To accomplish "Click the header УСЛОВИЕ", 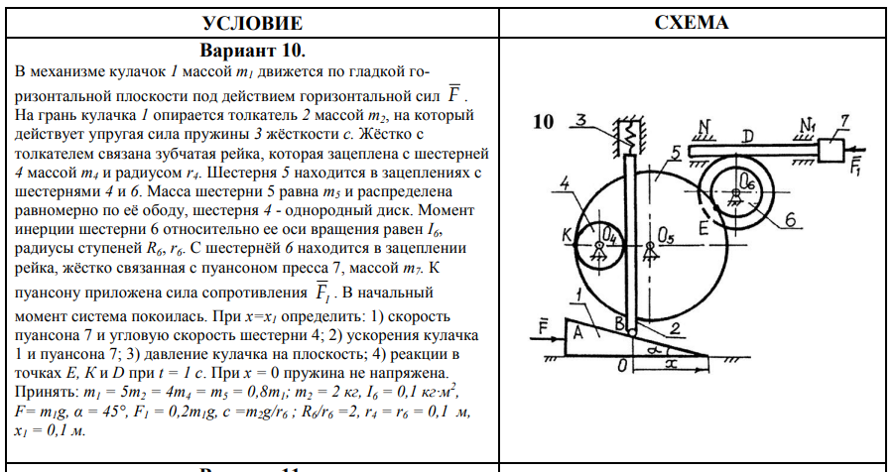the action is pyautogui.click(x=252, y=23).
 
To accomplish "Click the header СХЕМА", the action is pyautogui.click(x=692, y=22).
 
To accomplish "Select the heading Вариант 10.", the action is pyautogui.click(x=253, y=51).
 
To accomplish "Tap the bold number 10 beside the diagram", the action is pyautogui.click(x=544, y=122).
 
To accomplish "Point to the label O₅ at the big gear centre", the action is pyautogui.click(x=666, y=235).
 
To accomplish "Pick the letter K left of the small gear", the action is pyautogui.click(x=567, y=234).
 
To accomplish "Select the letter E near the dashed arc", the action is pyautogui.click(x=704, y=228).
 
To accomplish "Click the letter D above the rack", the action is pyautogui.click(x=747, y=136).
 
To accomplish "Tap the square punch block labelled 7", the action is pyautogui.click(x=832, y=151).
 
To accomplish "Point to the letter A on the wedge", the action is pyautogui.click(x=577, y=332).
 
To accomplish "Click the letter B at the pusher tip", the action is pyautogui.click(x=620, y=323).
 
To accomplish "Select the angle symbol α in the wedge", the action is pyautogui.click(x=655, y=348).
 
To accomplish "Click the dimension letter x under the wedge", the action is pyautogui.click(x=672, y=364).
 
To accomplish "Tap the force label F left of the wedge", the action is pyautogui.click(x=544, y=327).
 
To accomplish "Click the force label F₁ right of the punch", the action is pyautogui.click(x=856, y=166).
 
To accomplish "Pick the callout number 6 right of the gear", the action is pyautogui.click(x=790, y=219).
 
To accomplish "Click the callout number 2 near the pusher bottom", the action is pyautogui.click(x=675, y=328).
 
